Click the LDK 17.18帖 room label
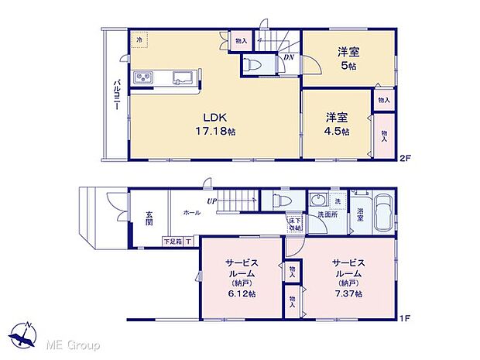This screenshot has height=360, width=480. (214, 124)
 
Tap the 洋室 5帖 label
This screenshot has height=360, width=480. (348, 60)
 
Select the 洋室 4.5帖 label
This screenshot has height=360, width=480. (336, 124)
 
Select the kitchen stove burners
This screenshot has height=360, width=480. (145, 77)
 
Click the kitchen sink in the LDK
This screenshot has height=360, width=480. (183, 77)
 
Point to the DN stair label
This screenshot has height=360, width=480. (287, 57)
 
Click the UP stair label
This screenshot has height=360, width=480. (211, 202)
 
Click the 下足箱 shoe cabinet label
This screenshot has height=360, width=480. (173, 241)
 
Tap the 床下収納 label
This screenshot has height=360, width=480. (294, 225)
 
